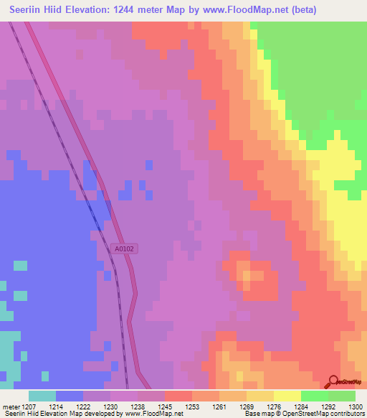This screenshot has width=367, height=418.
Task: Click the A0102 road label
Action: click(125, 249)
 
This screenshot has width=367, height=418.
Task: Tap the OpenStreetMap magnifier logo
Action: click(334, 382)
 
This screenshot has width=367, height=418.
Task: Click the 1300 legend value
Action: click(358, 406)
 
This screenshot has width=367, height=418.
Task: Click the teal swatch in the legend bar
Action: click(42, 396)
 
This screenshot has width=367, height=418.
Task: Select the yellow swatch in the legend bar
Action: click(287, 396)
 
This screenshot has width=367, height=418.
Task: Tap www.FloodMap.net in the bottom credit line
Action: click(159, 414)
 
